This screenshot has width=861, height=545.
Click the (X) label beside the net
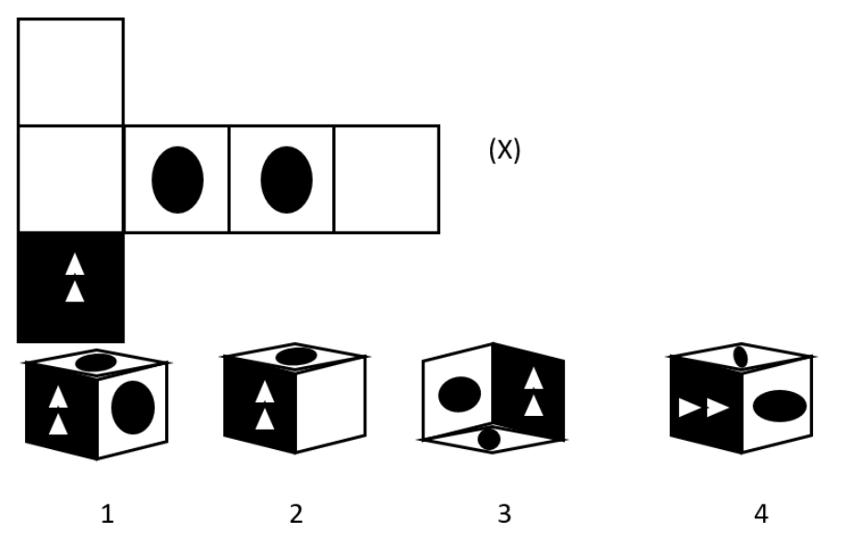(x=504, y=149)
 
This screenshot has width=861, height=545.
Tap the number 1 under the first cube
(x=108, y=515)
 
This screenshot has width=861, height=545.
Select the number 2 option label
(x=296, y=515)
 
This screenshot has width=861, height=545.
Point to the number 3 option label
(x=504, y=515)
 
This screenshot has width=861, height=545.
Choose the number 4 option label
(x=761, y=515)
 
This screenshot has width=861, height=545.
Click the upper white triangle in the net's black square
(x=75, y=264)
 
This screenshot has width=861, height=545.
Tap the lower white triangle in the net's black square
(x=75, y=290)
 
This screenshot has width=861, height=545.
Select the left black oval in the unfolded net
(x=177, y=180)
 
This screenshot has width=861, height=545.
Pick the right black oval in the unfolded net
(x=287, y=180)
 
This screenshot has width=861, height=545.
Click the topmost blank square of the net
(x=71, y=72)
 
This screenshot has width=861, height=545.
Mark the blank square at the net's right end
(x=387, y=180)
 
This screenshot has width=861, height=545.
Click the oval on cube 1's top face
(x=96, y=362)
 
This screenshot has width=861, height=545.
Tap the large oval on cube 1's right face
(x=133, y=408)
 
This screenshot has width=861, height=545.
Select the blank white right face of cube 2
(x=331, y=404)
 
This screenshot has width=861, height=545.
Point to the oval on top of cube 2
(x=296, y=356)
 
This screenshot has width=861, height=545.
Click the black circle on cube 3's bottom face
(x=489, y=440)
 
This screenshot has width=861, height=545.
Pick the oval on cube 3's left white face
(x=460, y=394)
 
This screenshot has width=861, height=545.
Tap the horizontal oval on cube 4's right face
(x=780, y=406)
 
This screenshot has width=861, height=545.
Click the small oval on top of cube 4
(x=740, y=357)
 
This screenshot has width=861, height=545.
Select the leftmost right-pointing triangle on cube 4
(x=689, y=408)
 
